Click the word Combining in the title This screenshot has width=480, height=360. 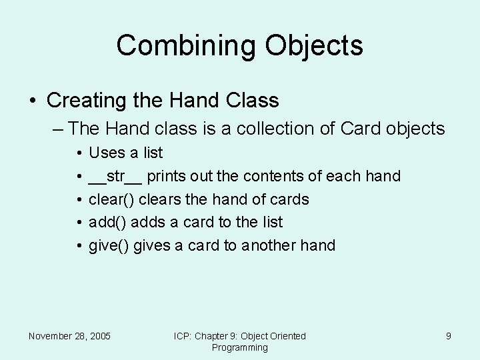pos(185,46)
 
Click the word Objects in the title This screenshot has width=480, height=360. pos(314,46)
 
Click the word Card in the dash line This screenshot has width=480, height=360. pos(361,128)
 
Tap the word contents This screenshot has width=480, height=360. pos(274,177)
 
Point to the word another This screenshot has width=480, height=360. pos(269,245)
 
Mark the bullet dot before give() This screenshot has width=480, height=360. pos(79,246)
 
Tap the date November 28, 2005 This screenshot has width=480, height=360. pos(69,336)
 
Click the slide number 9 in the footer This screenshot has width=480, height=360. pos(449,336)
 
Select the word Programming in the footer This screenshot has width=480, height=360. pos(239,347)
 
